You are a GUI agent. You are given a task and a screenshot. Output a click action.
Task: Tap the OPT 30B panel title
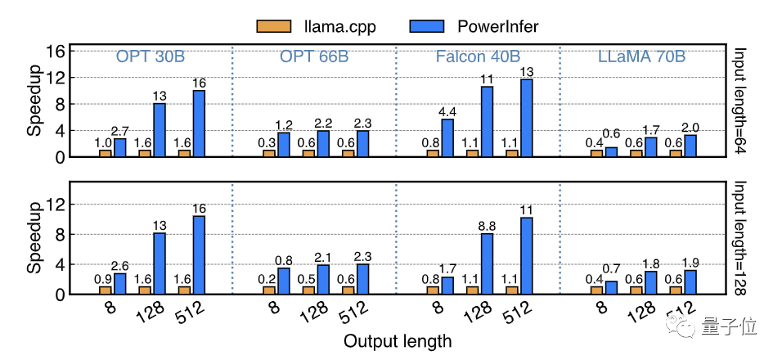pos(151,57)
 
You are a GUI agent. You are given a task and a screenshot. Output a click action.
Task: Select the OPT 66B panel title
pos(314,57)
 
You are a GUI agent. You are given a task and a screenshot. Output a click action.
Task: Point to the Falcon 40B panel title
pos(478,57)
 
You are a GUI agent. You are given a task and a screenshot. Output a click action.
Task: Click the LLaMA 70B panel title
pos(640,57)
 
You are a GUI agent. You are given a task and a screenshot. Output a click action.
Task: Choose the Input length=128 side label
pos(740,237)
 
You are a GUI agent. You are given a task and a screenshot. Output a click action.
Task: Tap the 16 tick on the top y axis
pos(55,51)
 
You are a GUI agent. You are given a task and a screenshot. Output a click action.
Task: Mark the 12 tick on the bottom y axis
pos(55,205)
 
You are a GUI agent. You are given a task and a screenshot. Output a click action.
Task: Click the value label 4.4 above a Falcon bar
pos(447,111)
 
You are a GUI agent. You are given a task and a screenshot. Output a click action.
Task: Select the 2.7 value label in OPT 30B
pos(120,132)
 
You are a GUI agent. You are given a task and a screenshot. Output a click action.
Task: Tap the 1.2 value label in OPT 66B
pos(283,125)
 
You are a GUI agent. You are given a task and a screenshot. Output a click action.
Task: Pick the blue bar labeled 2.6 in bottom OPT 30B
pos(119,283)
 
